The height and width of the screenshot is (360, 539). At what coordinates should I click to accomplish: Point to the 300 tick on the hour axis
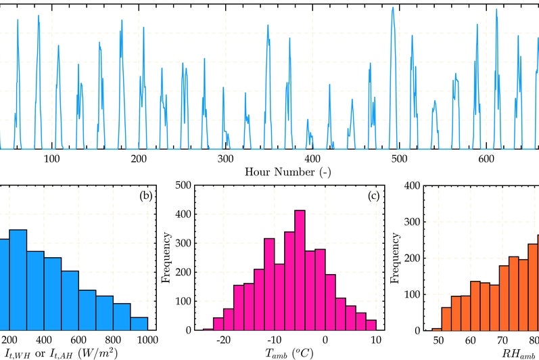tap(225, 158)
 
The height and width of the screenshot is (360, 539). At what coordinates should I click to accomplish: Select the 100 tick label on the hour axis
tap(52, 158)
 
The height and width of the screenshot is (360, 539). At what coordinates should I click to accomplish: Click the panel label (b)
tap(145, 197)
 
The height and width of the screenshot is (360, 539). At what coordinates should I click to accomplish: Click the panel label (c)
tap(373, 197)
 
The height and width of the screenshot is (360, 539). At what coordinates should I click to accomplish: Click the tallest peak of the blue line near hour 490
tap(392, 8)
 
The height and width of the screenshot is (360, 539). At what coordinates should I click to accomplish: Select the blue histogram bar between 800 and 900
tap(122, 316)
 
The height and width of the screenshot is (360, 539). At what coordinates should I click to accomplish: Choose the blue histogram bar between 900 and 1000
tap(139, 323)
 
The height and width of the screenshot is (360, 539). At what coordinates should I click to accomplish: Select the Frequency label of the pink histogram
tap(166, 256)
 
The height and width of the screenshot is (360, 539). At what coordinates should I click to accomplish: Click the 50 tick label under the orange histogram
tap(438, 340)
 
